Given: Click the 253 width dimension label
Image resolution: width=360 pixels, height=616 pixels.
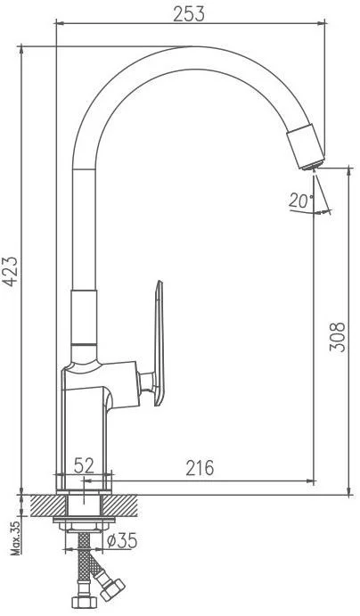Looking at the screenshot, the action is (189, 14).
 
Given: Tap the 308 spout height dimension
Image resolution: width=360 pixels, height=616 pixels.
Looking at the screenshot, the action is (337, 337).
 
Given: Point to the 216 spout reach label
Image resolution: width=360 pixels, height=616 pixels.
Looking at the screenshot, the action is (200, 468).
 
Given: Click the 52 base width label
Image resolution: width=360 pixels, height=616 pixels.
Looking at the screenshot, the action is (84, 466).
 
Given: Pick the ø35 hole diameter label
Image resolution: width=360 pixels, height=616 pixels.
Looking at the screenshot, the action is (122, 541).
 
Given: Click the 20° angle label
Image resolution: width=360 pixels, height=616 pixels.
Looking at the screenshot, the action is (301, 201).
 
